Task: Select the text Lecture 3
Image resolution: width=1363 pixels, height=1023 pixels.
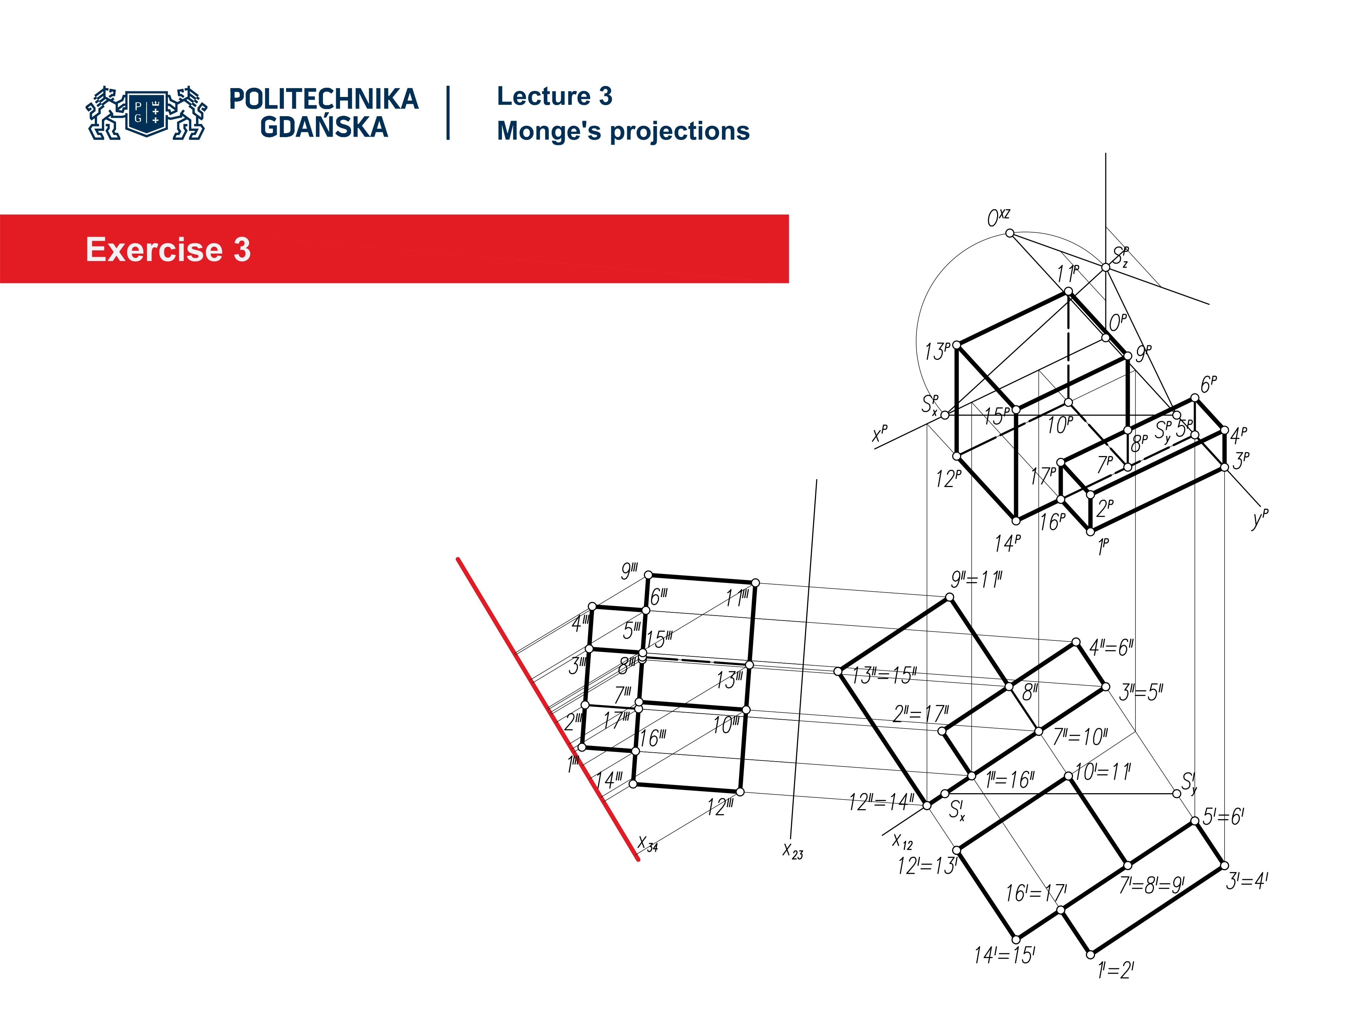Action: (x=554, y=96)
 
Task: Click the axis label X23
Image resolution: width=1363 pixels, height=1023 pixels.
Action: (x=792, y=851)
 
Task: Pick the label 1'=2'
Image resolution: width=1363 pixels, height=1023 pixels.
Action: (x=1115, y=970)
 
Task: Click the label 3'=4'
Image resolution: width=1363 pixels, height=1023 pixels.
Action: (x=1246, y=881)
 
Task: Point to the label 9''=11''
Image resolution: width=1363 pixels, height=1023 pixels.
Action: (x=977, y=580)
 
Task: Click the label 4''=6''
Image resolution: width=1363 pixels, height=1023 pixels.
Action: (x=1111, y=648)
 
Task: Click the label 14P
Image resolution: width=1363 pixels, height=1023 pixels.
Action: (x=1007, y=543)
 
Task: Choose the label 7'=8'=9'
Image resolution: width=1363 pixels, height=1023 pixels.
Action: (x=1151, y=886)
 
